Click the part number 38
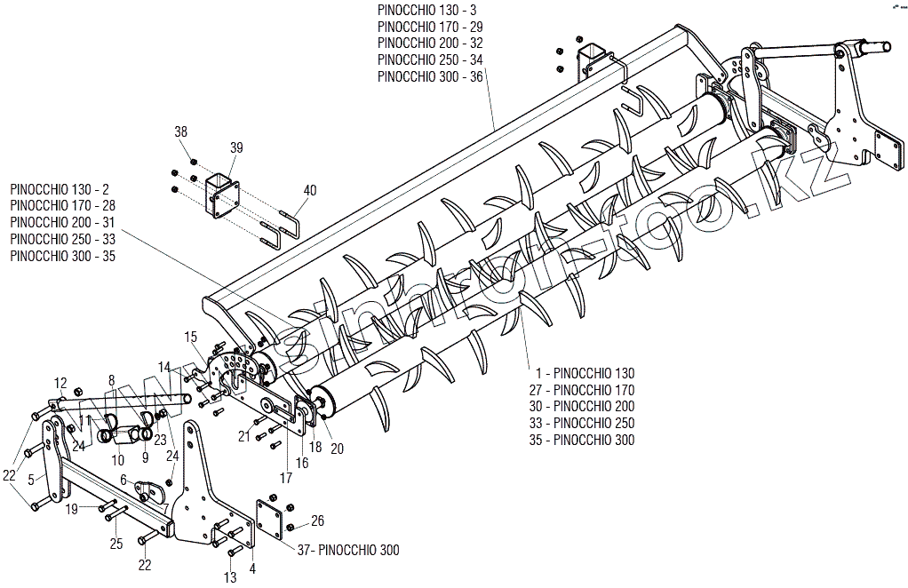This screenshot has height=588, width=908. (181, 131)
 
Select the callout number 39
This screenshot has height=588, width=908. (235, 147)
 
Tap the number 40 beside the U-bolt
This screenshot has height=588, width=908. (309, 190)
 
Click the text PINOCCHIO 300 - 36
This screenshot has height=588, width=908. (430, 76)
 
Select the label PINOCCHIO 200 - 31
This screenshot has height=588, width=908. (62, 222)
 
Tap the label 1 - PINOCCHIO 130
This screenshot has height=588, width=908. (585, 372)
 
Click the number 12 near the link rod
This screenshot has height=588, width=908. (60, 383)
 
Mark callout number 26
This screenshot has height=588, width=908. (317, 520)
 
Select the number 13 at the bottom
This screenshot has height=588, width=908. (230, 577)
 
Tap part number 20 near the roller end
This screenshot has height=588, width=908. (337, 449)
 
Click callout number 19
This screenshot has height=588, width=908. (72, 509)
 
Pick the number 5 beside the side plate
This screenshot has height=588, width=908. (31, 481)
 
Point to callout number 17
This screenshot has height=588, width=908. (287, 478)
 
